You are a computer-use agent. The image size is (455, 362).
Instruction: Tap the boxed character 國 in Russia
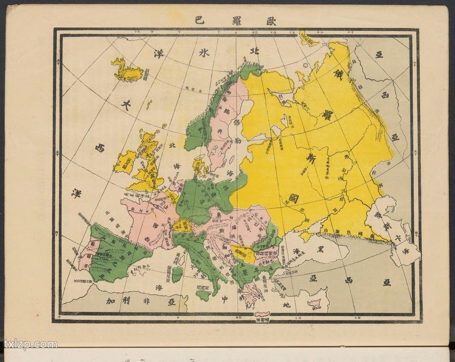[294, 198]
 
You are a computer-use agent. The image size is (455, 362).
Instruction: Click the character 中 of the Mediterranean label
[225, 299]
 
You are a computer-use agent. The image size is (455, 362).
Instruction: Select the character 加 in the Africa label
[110, 301]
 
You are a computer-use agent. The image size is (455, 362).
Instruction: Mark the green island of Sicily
[203, 296]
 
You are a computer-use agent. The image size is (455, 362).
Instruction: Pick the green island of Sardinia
[177, 274]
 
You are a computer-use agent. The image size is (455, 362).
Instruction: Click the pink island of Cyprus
[314, 303]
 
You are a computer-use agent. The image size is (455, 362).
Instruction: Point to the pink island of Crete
[262, 314]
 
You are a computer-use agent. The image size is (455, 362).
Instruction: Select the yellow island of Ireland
[125, 162]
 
